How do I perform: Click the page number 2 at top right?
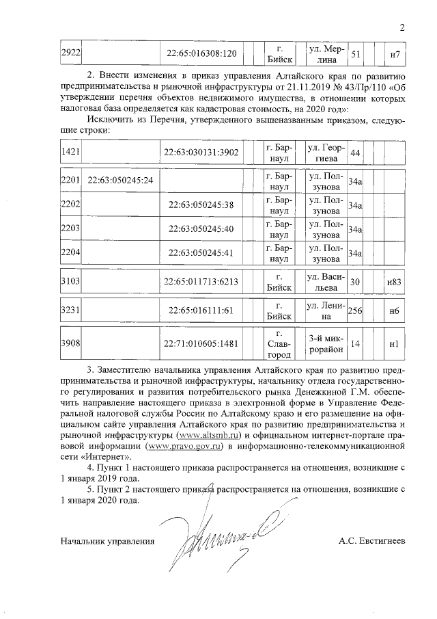click(x=402, y=28)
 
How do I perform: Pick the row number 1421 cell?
click(x=71, y=152)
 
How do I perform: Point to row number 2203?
click(x=71, y=228)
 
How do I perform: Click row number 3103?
click(x=71, y=282)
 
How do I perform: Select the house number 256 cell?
click(x=355, y=311)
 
